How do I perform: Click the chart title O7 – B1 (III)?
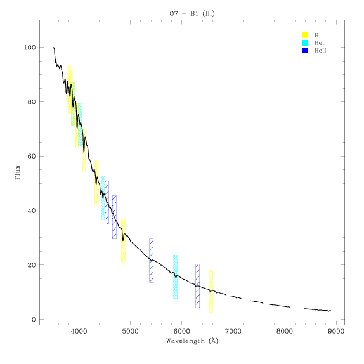192,13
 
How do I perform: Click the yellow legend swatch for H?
305,35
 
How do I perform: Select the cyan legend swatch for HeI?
305,42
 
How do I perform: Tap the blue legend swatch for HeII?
305,50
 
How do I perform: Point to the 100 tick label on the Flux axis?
30,48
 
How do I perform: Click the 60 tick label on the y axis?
32,156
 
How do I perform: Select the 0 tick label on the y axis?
34,320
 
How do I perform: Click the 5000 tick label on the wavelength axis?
130,331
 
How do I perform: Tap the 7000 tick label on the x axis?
233,331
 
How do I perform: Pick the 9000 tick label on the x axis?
336,331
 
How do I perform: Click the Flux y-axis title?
18,172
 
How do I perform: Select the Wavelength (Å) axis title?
192,341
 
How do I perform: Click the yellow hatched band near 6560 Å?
211,291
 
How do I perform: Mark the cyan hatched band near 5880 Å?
175,276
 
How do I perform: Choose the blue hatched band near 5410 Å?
151,261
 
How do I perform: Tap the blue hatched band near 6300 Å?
198,286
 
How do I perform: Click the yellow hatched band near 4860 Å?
123,240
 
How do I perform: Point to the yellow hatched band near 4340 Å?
96,183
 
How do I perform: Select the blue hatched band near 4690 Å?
114,218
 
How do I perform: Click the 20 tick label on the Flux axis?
32,265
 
